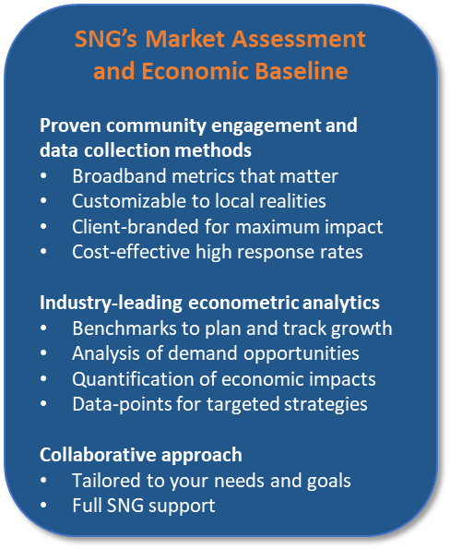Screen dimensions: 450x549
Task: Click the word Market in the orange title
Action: coord(184,39)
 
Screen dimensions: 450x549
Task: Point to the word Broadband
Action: coord(119,175)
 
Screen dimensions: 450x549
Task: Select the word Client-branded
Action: coord(136,227)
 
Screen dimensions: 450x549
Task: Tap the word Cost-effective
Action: coord(131,252)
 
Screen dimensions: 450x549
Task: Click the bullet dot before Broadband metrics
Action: coord(43,175)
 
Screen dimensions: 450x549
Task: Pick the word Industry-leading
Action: coord(111,303)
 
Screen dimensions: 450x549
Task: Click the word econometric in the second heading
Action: coord(243,303)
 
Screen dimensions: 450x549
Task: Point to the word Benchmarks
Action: coord(124,328)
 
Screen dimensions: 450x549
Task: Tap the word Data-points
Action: coord(122,404)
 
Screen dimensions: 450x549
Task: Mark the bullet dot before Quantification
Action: coord(43,379)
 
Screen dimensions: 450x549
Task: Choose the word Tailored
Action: coord(107,481)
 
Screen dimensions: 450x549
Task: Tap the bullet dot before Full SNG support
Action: coord(43,506)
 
